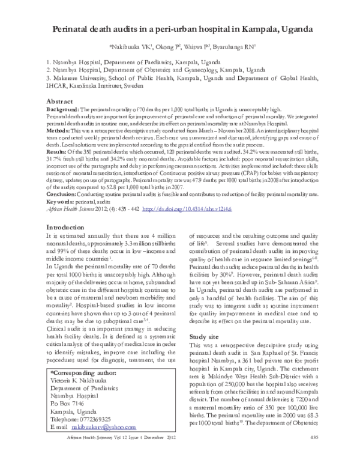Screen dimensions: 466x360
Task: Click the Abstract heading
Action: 59,102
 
